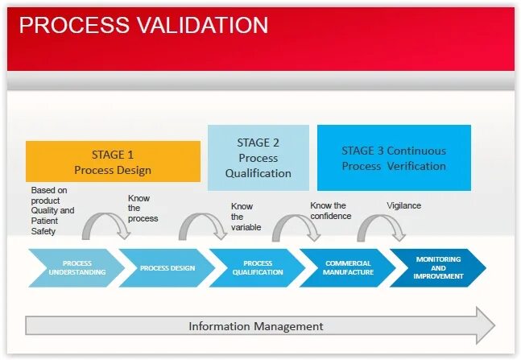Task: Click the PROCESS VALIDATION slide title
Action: coord(143,25)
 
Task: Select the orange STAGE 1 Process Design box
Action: coord(113,161)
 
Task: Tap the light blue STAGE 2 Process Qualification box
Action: coord(258,158)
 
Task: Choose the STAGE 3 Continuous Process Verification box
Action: coord(393,158)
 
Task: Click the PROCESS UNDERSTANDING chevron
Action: coord(76,268)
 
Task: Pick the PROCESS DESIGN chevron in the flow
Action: coord(167,268)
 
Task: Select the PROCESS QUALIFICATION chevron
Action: coord(258,268)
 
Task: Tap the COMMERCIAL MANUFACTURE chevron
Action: coord(349,268)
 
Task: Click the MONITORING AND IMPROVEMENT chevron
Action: coord(438,268)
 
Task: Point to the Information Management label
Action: coord(255,326)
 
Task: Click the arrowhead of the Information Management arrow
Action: coord(485,325)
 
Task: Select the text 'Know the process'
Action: coord(143,209)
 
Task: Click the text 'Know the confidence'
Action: coord(330,211)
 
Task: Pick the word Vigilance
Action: coord(403,205)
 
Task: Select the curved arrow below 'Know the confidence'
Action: coord(296,227)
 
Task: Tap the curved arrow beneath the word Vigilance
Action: coord(381,227)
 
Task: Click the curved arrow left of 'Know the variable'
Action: coord(203,226)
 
